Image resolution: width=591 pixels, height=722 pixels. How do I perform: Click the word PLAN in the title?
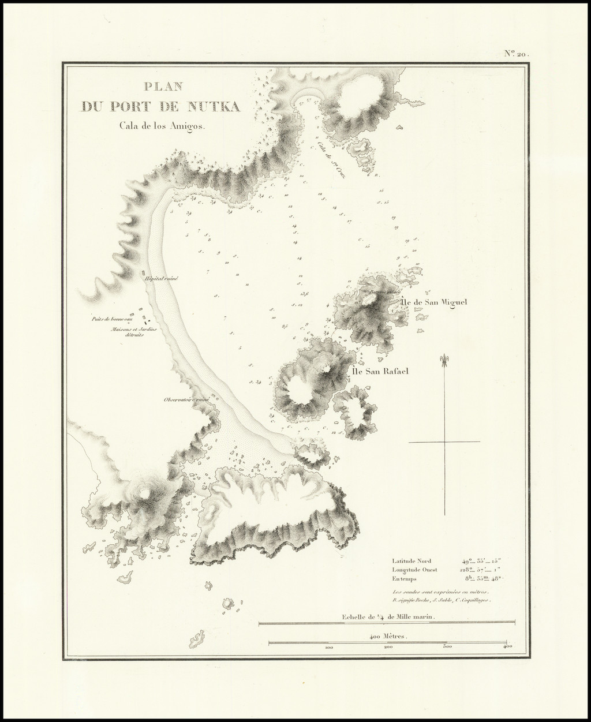pyautogui.click(x=163, y=87)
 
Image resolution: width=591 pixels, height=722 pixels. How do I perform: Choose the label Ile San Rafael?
pyautogui.click(x=377, y=371)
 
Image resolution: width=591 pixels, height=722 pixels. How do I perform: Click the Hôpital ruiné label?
pyautogui.click(x=162, y=278)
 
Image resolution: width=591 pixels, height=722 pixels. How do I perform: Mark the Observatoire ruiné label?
pyautogui.click(x=185, y=399)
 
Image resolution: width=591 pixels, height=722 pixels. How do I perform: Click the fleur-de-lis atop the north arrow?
pyautogui.click(x=445, y=360)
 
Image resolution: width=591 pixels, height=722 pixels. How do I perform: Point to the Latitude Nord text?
pyautogui.click(x=412, y=560)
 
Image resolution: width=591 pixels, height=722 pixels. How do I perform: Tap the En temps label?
pyautogui.click(x=405, y=578)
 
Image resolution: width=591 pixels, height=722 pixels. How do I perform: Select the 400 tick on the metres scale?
pyautogui.click(x=506, y=648)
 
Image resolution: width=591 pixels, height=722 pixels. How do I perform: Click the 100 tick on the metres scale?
pyautogui.click(x=329, y=648)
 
